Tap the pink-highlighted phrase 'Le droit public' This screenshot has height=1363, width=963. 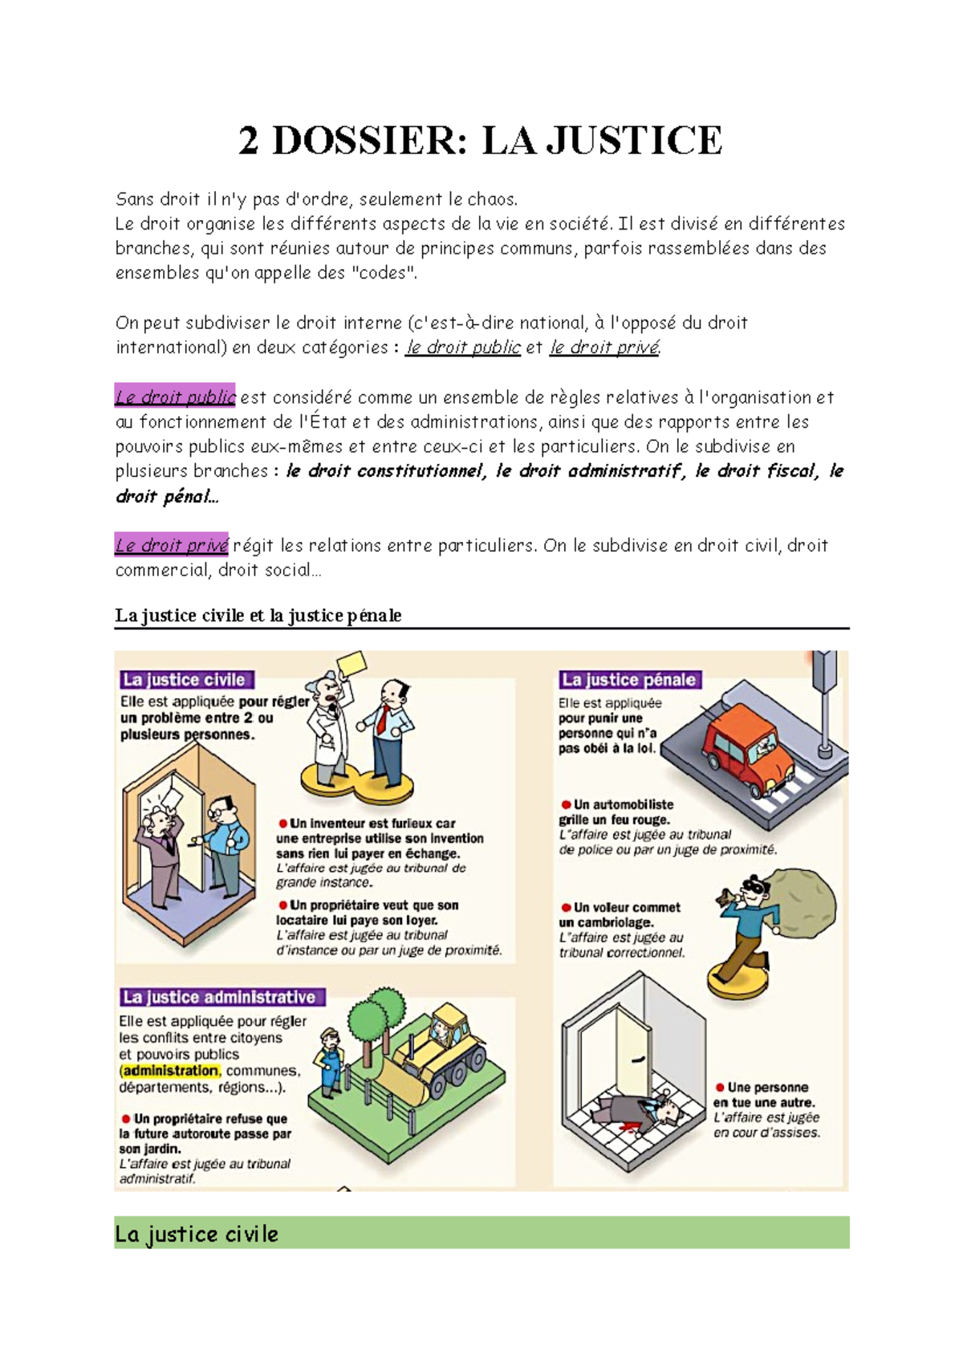point(175,397)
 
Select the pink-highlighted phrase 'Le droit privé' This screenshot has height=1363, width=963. point(172,545)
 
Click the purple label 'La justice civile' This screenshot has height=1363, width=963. point(185,680)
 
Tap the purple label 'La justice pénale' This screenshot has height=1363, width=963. point(629,680)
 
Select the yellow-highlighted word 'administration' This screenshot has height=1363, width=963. point(170,1071)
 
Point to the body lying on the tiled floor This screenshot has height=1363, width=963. point(634,1113)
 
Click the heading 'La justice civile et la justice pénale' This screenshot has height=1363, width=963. point(258,616)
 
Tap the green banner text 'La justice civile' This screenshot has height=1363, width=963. point(197,1234)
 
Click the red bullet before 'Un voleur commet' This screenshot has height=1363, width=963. point(566,907)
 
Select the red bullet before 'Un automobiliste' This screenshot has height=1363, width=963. point(566,804)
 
